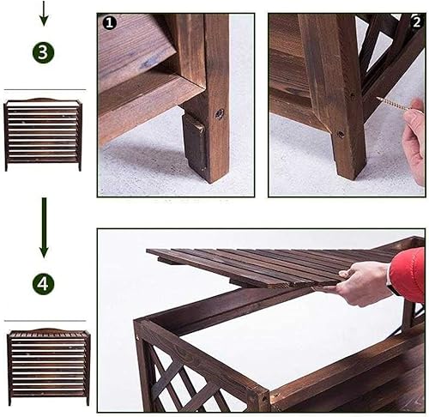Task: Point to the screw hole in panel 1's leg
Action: tap(219, 113)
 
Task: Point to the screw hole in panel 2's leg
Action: tap(341, 134)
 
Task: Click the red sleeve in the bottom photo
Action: tap(409, 275)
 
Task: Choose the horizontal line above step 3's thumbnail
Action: tap(45, 90)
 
